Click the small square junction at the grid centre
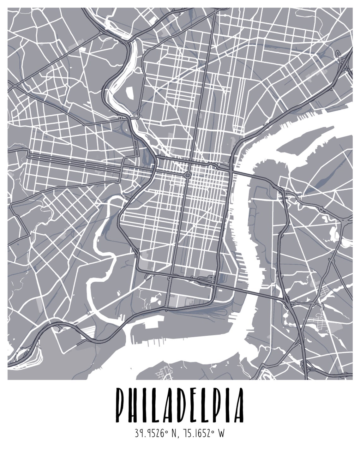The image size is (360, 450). point(188,175)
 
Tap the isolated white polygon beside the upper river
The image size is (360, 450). point(130,92)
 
